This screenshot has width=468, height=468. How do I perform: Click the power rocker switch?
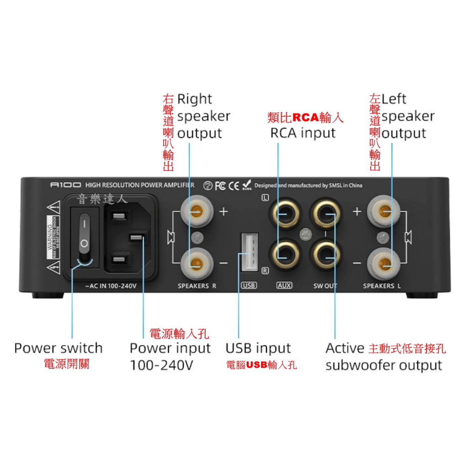pyautogui.click(x=84, y=237)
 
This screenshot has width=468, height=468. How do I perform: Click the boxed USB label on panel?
pyautogui.click(x=249, y=286)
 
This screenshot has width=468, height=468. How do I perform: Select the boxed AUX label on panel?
pyautogui.click(x=284, y=286)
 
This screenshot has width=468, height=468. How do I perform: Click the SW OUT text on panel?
pyautogui.click(x=325, y=286)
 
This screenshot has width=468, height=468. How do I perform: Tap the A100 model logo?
pyautogui.click(x=65, y=185)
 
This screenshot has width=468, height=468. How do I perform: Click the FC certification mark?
pyautogui.click(x=220, y=186)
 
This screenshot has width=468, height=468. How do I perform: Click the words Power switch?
pyautogui.click(x=58, y=348)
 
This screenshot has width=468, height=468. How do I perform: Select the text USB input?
pyautogui.click(x=258, y=348)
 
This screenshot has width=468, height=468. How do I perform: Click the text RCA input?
pyautogui.click(x=303, y=133)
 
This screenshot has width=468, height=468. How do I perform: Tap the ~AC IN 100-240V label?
pyautogui.click(x=111, y=286)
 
